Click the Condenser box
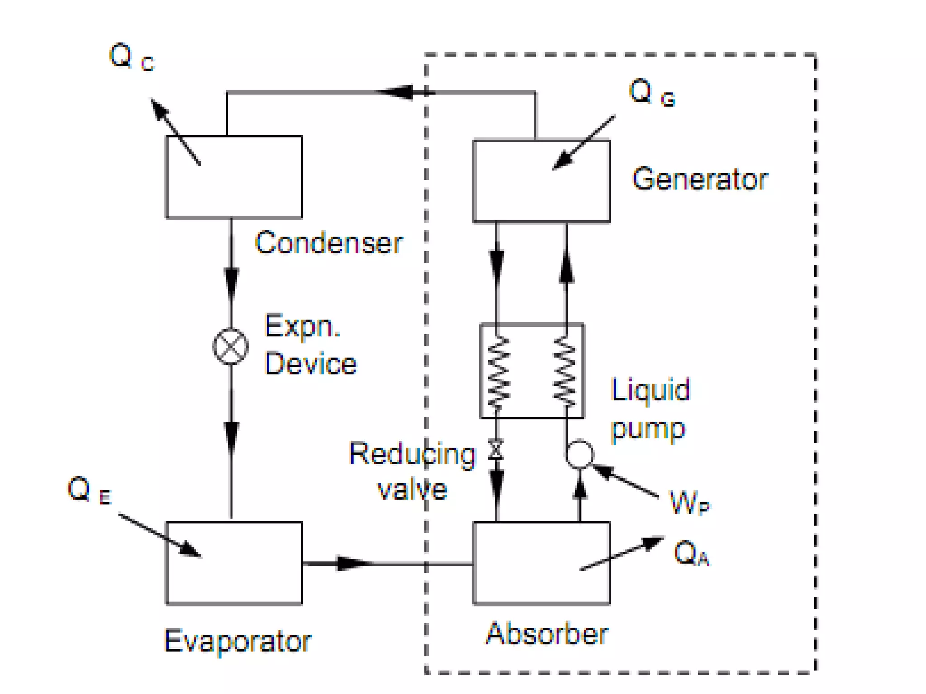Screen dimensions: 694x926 tap(234, 177)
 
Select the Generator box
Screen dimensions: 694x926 tap(541, 181)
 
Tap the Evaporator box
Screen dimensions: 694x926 tap(234, 563)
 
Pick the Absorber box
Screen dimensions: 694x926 tap(541, 563)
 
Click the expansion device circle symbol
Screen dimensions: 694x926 tap(231, 347)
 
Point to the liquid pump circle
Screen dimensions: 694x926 tap(580, 454)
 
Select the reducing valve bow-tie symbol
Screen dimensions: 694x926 tap(496, 450)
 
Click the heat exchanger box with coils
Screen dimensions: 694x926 tap(532, 371)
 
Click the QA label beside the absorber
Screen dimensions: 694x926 tap(691, 553)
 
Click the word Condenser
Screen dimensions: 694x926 tap(329, 243)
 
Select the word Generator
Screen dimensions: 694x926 tap(699, 179)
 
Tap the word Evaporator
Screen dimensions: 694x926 tap(238, 641)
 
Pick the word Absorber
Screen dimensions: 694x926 tap(547, 634)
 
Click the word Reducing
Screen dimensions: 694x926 tap(412, 454)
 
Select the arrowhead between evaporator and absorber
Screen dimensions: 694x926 tap(353, 563)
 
